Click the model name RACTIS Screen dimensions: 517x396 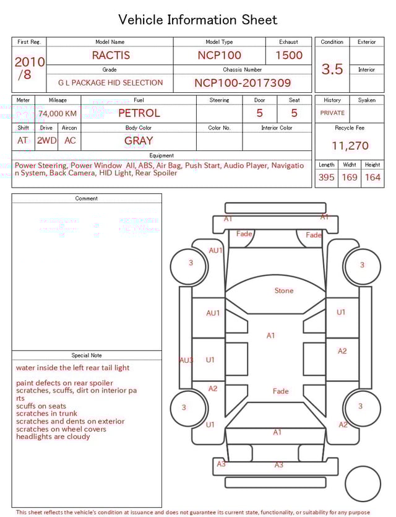[x=111, y=55]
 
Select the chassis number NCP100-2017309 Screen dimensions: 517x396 [x=243, y=83]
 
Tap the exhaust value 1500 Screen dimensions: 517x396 [x=289, y=55]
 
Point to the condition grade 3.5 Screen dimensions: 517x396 [x=332, y=69]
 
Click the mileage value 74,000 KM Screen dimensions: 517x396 [x=58, y=114]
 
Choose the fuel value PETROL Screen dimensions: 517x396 [x=139, y=113]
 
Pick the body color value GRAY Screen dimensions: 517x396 [x=139, y=141]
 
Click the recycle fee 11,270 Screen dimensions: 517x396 [x=350, y=146]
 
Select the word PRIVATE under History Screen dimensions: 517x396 [x=332, y=113]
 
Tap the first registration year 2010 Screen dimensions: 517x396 [x=29, y=63]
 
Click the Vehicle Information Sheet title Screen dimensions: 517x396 [x=198, y=20]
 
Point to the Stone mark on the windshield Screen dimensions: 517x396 [x=284, y=290]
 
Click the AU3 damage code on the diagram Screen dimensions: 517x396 [x=186, y=360]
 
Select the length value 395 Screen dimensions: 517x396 [x=326, y=178]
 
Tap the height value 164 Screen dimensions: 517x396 [x=372, y=178]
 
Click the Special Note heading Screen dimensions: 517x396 [x=87, y=355]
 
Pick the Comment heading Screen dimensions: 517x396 [x=87, y=199]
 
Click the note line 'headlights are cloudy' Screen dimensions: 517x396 [x=53, y=437]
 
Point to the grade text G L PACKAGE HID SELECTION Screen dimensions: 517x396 [x=111, y=83]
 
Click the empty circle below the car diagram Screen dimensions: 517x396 [x=363, y=484]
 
